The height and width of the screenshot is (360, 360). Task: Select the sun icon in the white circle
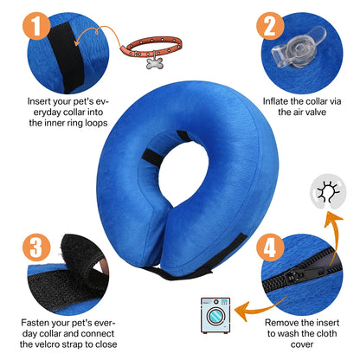pyautogui.click(x=330, y=215)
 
